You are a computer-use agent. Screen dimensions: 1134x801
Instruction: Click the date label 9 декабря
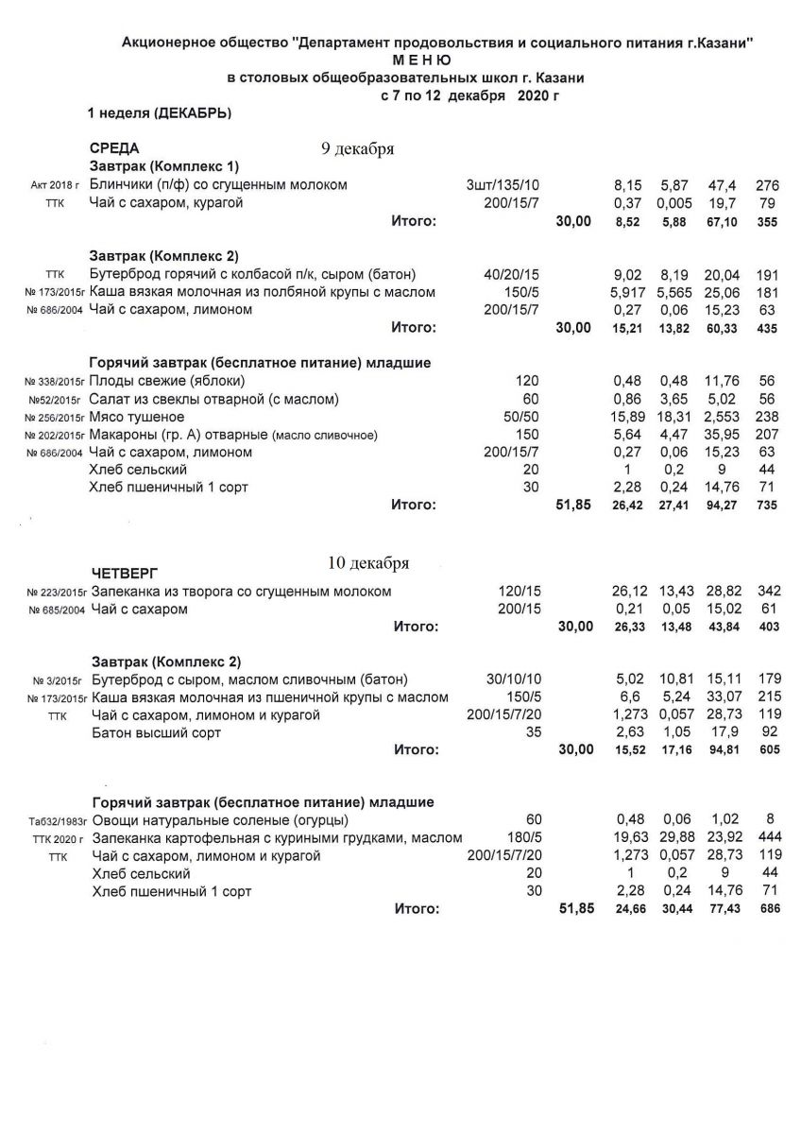[357, 149]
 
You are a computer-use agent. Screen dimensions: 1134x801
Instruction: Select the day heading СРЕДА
[113, 148]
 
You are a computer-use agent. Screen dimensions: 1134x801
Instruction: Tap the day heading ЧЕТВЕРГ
[124, 573]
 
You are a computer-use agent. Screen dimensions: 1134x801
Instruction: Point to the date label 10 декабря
[367, 563]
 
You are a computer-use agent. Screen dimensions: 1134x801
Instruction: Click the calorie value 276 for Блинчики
[768, 184]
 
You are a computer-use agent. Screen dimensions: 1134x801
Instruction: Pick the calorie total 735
[768, 506]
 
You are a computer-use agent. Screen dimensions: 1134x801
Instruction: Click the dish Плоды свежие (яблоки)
[167, 381]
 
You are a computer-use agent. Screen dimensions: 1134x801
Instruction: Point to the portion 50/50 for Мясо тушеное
[518, 417]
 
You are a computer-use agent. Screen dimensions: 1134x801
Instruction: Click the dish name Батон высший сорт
[157, 732]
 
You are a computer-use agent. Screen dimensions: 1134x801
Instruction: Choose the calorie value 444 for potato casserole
[767, 838]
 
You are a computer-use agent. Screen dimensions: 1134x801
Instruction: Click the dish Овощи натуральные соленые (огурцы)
[220, 820]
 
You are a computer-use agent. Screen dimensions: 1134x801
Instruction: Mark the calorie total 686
[768, 910]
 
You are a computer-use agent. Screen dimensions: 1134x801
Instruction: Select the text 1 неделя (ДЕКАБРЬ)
[160, 113]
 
